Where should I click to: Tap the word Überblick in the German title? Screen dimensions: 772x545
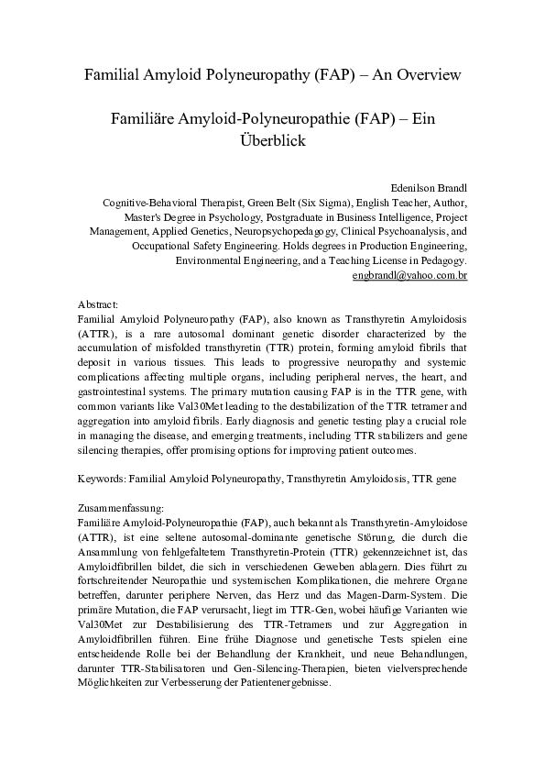coord(272,141)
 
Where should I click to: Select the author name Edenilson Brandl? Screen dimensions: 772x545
coord(429,187)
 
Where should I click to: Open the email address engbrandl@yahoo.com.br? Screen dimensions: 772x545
coord(410,274)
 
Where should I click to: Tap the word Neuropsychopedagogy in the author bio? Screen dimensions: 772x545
coord(286,232)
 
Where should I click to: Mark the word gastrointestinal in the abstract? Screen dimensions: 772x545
coord(113,389)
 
